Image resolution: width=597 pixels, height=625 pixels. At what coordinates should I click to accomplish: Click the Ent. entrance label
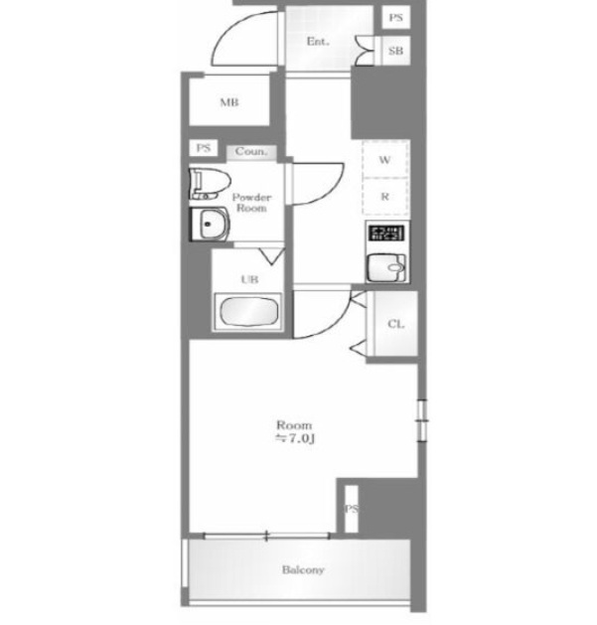pos(318,42)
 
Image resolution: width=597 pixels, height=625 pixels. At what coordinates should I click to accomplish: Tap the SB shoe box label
pos(395,51)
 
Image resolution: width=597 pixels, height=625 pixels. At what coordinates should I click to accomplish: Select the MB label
pos(229,102)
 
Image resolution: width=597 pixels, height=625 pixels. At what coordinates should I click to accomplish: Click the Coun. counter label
pos(250,151)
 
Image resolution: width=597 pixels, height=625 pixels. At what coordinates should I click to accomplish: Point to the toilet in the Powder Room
pos(210,184)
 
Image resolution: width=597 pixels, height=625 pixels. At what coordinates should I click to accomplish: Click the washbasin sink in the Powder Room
pos(209,224)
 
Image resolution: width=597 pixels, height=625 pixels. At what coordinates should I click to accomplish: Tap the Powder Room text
pos(251,203)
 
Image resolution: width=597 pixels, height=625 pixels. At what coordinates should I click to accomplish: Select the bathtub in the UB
pos(248,312)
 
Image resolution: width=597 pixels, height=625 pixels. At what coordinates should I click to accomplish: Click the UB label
pos(249,279)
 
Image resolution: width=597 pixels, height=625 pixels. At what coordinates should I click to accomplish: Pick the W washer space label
pos(384,160)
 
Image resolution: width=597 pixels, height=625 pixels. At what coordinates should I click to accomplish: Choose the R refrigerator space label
pos(385,197)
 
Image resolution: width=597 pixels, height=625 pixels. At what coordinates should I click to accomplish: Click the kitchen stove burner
pos(386,234)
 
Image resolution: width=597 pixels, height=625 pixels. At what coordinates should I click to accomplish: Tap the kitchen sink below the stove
pos(386,268)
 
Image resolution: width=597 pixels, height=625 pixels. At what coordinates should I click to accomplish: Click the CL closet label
pos(395,324)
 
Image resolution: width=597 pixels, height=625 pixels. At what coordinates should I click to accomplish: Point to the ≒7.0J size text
pos(295,438)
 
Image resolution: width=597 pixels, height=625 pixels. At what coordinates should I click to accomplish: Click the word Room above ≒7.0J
pos(294,425)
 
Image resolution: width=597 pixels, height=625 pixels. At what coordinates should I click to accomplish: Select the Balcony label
pos(303,569)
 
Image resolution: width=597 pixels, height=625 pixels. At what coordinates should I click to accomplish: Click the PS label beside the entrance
pos(395,18)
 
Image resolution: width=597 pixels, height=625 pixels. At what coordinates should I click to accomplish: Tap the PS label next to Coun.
pos(204,148)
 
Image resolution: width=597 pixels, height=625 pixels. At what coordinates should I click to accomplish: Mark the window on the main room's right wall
pos(422,420)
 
